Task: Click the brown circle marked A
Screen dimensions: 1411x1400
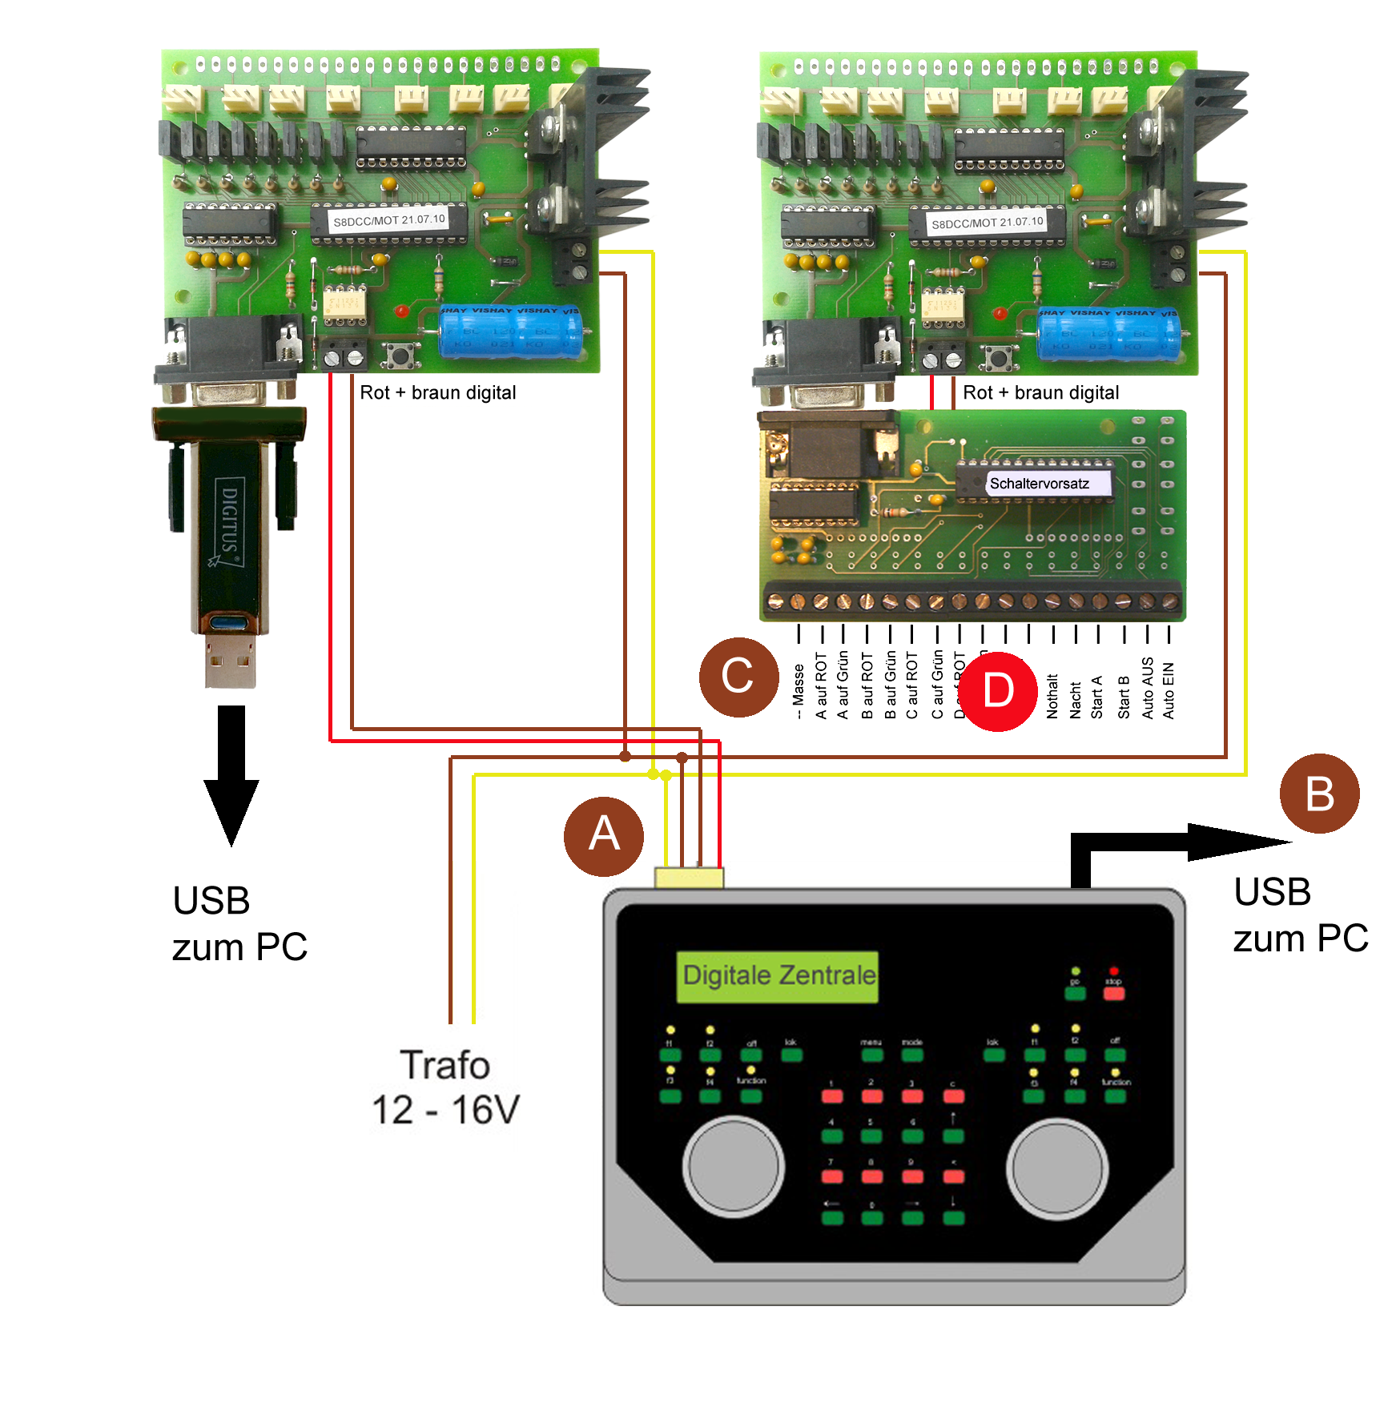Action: [x=603, y=835]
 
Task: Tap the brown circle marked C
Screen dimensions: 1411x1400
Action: [x=738, y=677]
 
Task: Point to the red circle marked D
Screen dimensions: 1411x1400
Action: [x=998, y=690]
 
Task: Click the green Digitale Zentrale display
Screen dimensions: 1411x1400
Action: [x=778, y=976]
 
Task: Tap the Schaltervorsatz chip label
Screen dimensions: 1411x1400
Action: [x=1039, y=484]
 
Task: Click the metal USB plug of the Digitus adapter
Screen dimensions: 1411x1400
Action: [x=231, y=661]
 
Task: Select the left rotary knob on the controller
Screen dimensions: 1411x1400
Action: [x=733, y=1167]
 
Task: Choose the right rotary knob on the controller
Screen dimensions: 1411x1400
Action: [x=1057, y=1168]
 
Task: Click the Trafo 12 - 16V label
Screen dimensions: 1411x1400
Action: [x=445, y=1087]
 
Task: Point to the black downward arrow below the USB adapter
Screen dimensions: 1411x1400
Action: [x=231, y=774]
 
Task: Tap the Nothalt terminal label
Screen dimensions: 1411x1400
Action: [x=1052, y=695]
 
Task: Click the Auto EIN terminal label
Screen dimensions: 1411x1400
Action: [x=1169, y=690]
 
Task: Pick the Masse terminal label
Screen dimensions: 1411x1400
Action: [x=799, y=690]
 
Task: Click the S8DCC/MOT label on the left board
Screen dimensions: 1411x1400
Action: [x=389, y=220]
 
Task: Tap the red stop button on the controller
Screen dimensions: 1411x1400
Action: [x=1113, y=994]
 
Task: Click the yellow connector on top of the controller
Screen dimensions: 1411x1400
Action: [x=689, y=878]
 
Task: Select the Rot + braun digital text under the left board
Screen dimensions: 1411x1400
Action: [x=437, y=392]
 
